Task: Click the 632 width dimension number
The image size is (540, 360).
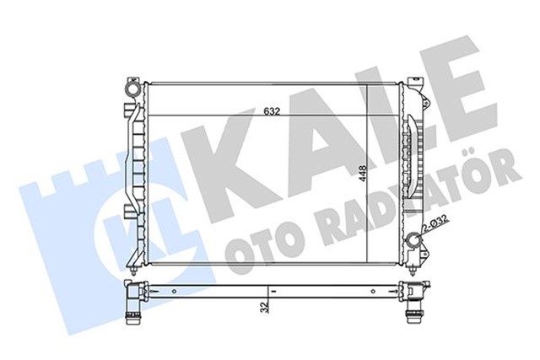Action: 271,110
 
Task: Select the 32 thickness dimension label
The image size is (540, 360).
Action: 264,307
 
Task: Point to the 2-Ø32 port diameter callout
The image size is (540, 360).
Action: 436,223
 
